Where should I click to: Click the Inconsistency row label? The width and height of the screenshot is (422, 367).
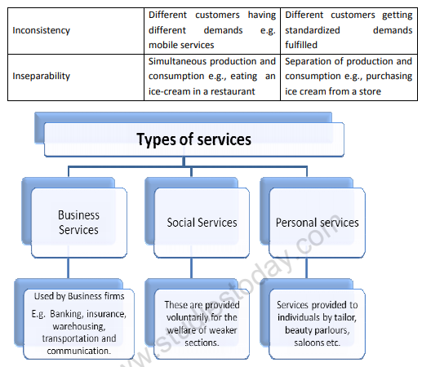pos(41,30)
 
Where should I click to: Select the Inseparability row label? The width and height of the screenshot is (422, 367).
pos(42,76)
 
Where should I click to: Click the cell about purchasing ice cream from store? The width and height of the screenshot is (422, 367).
pos(349,76)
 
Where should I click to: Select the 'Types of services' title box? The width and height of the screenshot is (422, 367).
pos(193,139)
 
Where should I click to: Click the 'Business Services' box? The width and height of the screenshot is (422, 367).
pos(78,222)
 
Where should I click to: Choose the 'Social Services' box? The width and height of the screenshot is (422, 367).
pos(202,222)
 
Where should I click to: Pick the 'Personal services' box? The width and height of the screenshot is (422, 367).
pos(317,222)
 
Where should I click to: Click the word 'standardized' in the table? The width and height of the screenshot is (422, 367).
pos(313,30)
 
